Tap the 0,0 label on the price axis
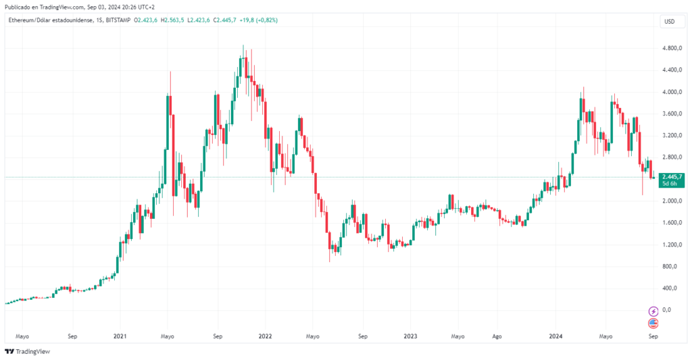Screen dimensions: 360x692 click(x=667, y=310)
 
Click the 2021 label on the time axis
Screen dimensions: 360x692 click(x=120, y=336)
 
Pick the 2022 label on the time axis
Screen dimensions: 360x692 click(x=265, y=336)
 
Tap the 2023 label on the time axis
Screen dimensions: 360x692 click(x=410, y=336)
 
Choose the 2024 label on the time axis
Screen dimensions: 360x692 click(x=555, y=336)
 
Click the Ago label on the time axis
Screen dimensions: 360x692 click(x=497, y=336)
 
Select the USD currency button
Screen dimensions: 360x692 click(x=669, y=22)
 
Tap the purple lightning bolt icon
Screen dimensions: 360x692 click(x=653, y=311)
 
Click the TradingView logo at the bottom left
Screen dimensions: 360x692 click(x=27, y=351)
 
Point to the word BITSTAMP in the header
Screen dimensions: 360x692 click(x=119, y=20)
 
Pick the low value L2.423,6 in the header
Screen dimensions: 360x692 click(x=199, y=20)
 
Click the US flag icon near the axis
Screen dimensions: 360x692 click(x=653, y=323)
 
